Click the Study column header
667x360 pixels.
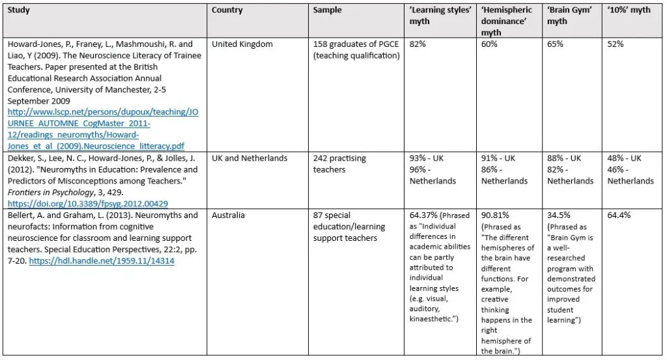[x=19, y=10]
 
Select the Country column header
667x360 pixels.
[x=227, y=10]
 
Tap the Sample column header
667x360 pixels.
[x=327, y=10]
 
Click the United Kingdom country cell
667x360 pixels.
[x=242, y=44]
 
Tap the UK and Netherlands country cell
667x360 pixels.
[x=249, y=158]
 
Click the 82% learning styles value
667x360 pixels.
[x=418, y=44]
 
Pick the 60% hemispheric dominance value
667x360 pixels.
[x=490, y=44]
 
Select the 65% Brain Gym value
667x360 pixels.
[x=556, y=44]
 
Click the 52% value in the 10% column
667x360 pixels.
[x=616, y=44]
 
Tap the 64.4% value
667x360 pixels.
[x=619, y=215]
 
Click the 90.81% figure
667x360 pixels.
[x=495, y=215]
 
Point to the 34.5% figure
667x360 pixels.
[x=560, y=215]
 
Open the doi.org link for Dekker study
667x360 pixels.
[x=87, y=203]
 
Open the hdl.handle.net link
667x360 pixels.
[x=102, y=261]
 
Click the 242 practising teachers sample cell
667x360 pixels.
[x=339, y=164]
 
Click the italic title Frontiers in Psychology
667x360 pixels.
[x=50, y=192]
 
